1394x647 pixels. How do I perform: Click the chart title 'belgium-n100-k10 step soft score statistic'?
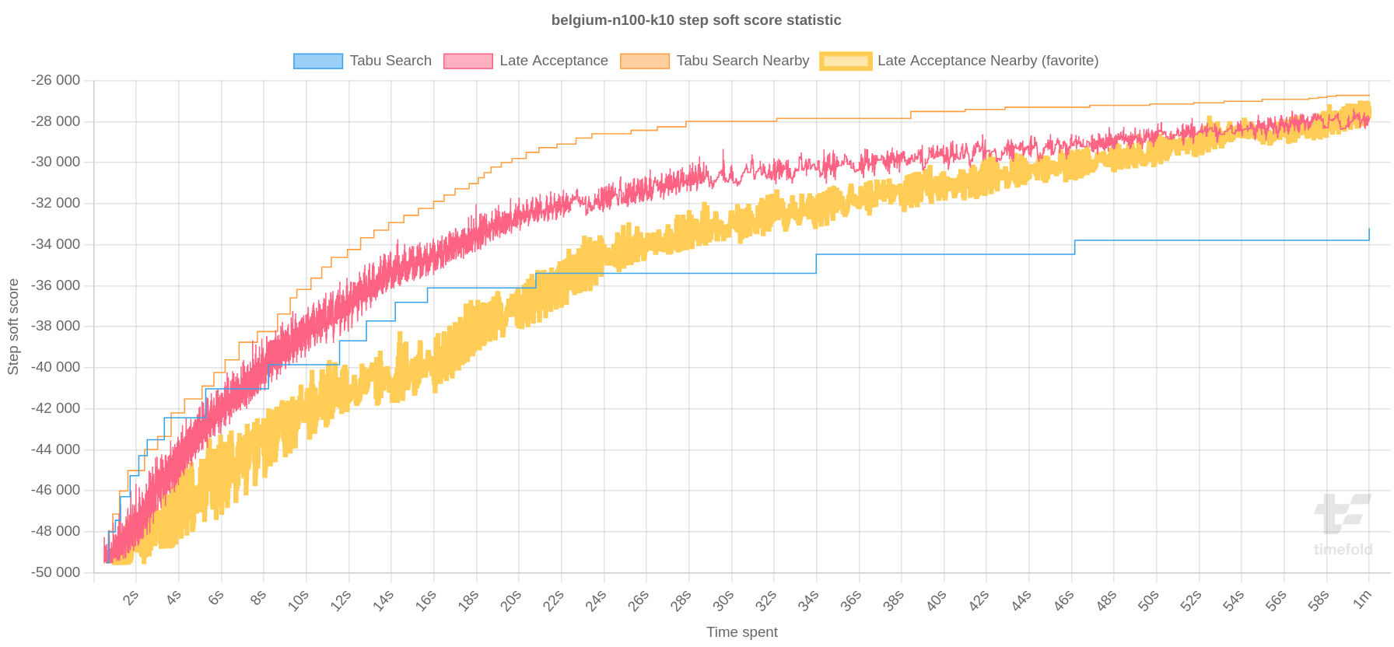(x=695, y=20)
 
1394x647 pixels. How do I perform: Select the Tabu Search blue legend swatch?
(x=317, y=61)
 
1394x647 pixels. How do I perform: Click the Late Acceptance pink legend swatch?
(x=468, y=61)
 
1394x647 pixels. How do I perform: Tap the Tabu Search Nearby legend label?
(x=742, y=61)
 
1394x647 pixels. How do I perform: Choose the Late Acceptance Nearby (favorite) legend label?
(x=987, y=61)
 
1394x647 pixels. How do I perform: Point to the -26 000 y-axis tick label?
(x=55, y=80)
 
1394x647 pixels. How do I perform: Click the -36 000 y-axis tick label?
(x=55, y=285)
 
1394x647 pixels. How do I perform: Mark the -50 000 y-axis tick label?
(x=55, y=572)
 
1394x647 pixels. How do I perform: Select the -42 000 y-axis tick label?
(x=55, y=408)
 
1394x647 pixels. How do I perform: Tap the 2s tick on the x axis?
(x=131, y=598)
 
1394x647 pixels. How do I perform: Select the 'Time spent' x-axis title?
(x=741, y=632)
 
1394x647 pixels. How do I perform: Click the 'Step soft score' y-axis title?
(x=13, y=327)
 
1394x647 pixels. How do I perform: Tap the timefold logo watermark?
(x=1343, y=526)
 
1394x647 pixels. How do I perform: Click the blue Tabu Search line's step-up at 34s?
(x=816, y=264)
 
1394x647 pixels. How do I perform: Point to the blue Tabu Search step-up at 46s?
(x=1074, y=247)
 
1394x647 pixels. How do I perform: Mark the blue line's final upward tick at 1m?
(x=1369, y=234)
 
